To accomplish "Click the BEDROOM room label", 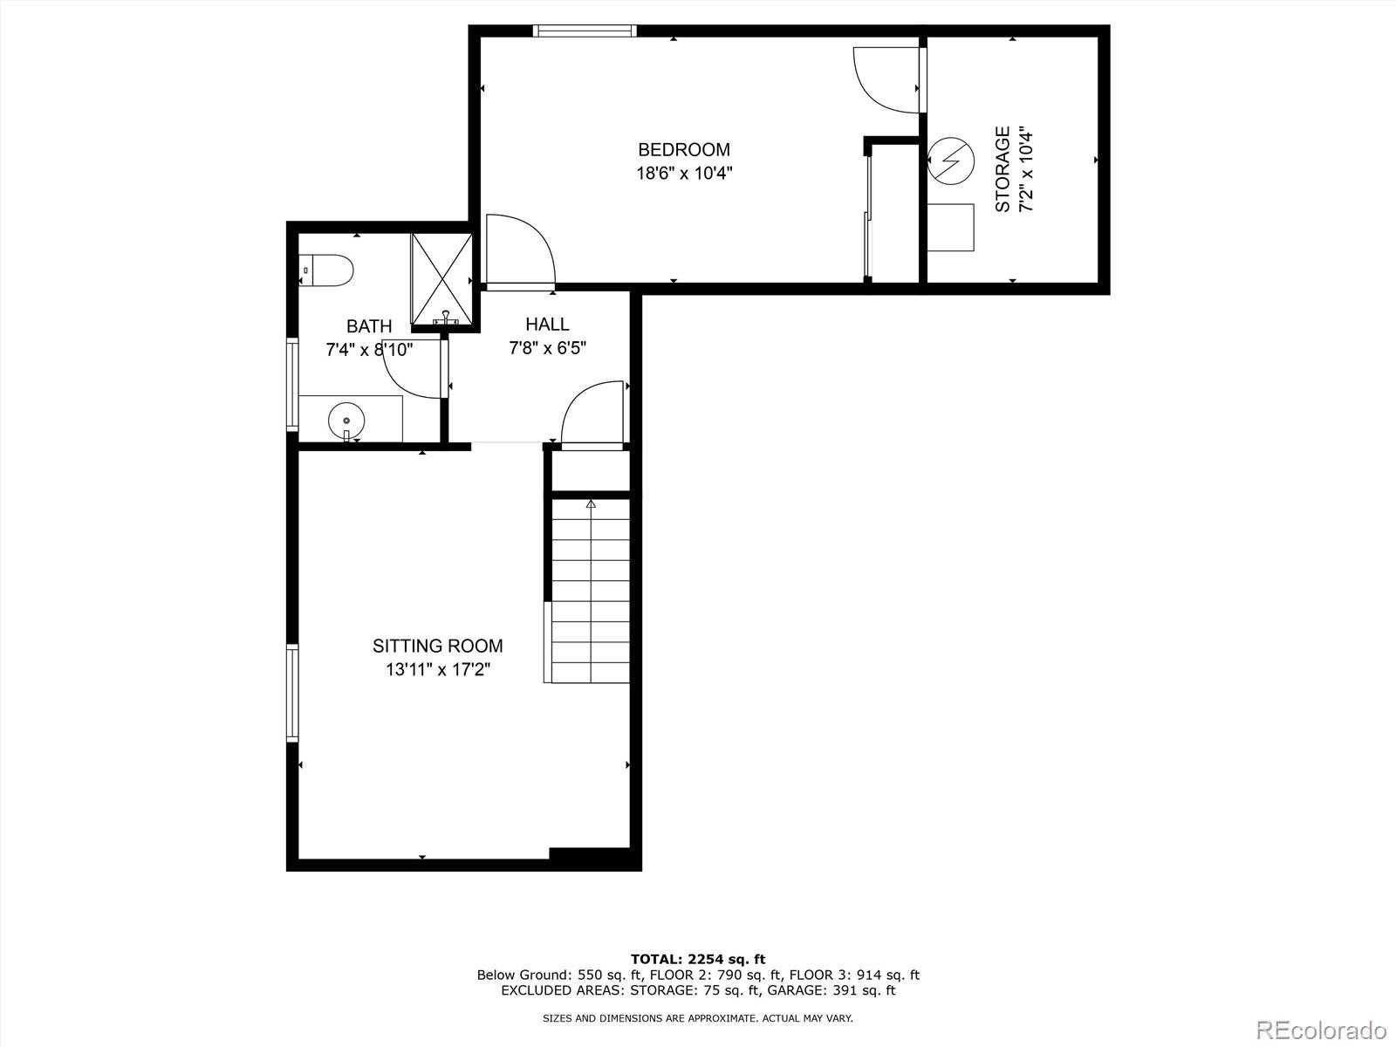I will [x=683, y=150].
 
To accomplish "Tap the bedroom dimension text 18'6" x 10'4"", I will [x=683, y=173].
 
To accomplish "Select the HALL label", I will [x=547, y=325].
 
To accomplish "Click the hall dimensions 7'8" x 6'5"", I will [x=547, y=348].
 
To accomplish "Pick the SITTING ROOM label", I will [x=437, y=646].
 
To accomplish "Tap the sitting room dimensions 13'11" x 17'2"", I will [x=437, y=670].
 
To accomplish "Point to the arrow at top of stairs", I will [x=591, y=503].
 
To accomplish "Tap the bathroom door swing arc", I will [x=412, y=371].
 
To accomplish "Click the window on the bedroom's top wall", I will [x=585, y=31].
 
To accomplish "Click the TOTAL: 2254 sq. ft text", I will [x=698, y=959].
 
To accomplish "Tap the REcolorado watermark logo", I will [x=1322, y=1030].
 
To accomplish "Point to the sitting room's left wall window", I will [x=292, y=693].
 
